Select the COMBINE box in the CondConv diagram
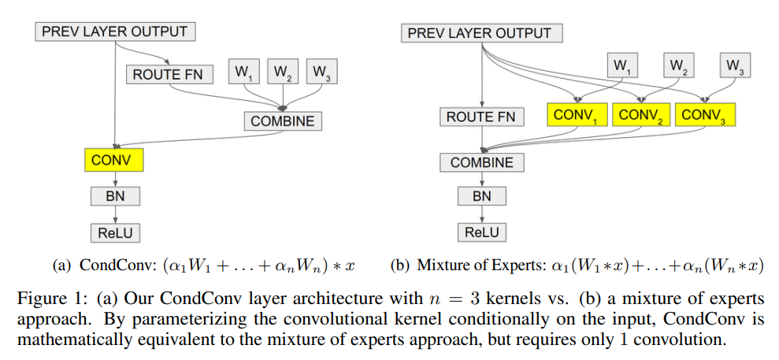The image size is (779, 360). (282, 121)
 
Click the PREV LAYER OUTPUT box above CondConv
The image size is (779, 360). (114, 32)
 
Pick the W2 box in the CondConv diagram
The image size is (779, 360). (282, 72)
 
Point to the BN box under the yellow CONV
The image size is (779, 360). (115, 195)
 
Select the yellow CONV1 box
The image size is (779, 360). (577, 115)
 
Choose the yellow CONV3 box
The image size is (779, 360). (704, 115)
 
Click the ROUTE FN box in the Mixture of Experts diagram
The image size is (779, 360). (480, 117)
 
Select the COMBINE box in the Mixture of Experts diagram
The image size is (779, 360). (481, 162)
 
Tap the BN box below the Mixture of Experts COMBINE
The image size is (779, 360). (482, 195)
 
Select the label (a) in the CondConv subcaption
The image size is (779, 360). (61, 265)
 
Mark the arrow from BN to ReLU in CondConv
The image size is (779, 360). (115, 213)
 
